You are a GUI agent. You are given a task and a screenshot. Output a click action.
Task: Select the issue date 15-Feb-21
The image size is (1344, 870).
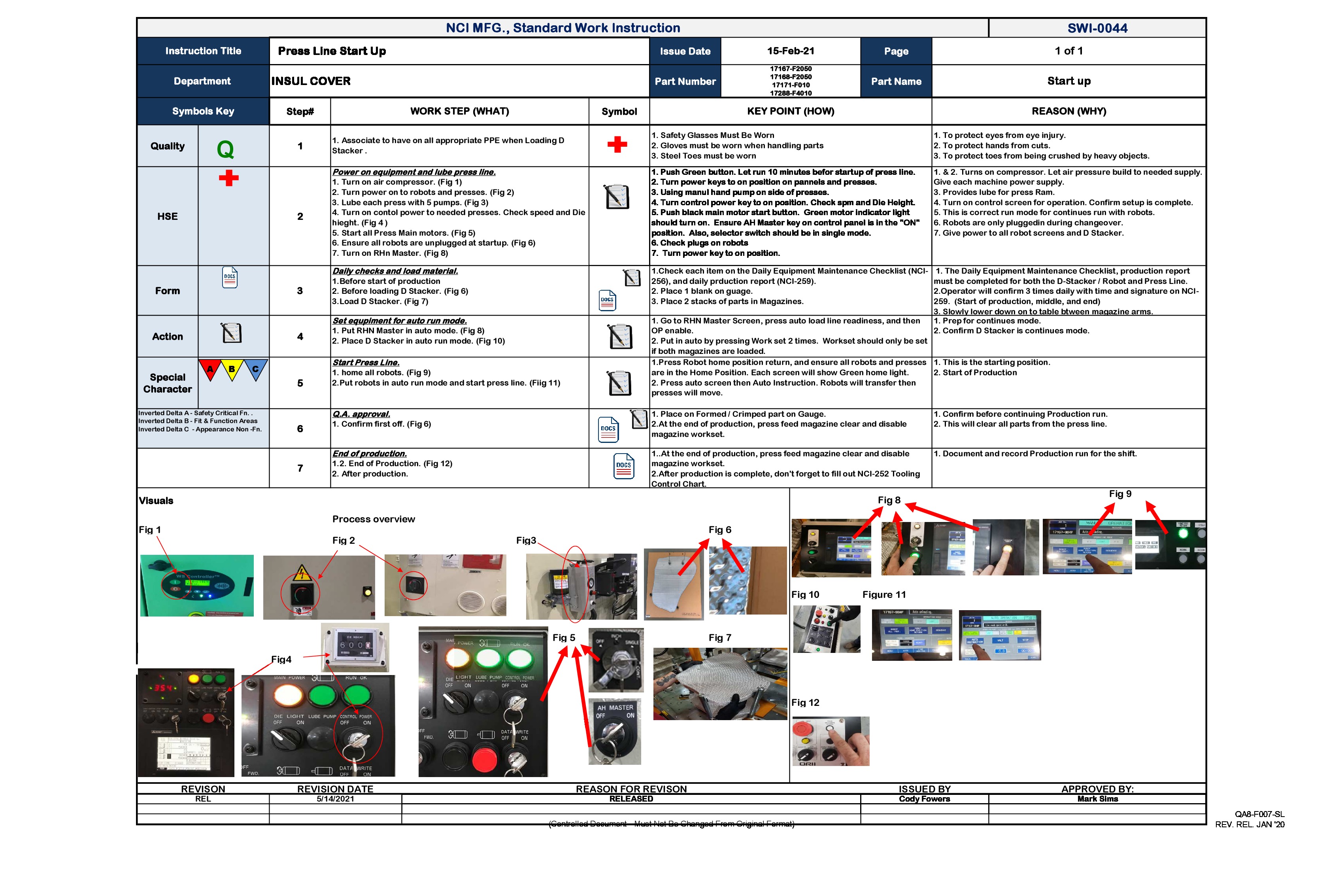coord(790,51)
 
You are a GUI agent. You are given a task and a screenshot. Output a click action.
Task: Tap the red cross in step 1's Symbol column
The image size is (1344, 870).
coord(617,145)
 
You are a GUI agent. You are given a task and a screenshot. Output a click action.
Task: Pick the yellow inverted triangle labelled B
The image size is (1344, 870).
coord(232,370)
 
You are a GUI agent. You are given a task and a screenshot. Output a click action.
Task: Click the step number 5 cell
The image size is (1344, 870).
coord(300,383)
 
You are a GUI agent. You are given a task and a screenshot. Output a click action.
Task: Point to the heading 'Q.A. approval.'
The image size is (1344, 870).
coord(361,414)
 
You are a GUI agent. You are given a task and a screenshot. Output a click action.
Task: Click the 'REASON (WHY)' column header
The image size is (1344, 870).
coord(1068,111)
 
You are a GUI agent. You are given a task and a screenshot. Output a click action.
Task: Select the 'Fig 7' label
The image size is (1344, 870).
coord(719,638)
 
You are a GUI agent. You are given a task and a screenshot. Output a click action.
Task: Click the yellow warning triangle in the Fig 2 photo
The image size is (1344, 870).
coord(302,573)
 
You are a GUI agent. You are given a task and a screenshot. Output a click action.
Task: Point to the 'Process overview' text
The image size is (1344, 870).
coord(373,519)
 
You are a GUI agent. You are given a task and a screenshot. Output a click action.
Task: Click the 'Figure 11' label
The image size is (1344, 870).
coord(884,595)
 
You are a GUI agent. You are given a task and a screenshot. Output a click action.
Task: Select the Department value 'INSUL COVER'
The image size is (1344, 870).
coord(311,81)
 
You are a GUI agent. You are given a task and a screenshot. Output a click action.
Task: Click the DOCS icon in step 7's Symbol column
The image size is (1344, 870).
coord(623,467)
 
